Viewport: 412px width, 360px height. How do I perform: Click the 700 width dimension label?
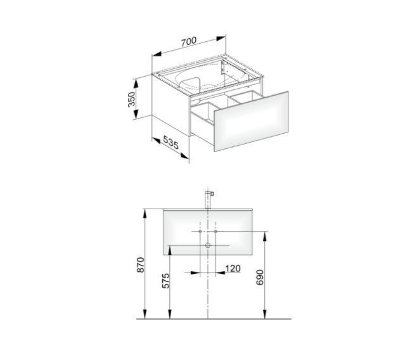point(189,42)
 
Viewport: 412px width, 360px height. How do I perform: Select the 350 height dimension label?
point(131,99)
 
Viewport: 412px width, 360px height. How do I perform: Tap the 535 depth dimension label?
point(171,142)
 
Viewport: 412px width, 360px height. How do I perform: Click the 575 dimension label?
point(165,281)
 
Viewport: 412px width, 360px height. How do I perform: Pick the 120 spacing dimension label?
point(233,268)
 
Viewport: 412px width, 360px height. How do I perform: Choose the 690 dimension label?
point(260,277)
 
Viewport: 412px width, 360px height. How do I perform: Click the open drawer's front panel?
point(251,122)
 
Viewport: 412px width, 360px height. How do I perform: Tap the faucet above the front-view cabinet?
point(208,200)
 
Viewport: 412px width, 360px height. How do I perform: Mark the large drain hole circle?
point(208,245)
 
